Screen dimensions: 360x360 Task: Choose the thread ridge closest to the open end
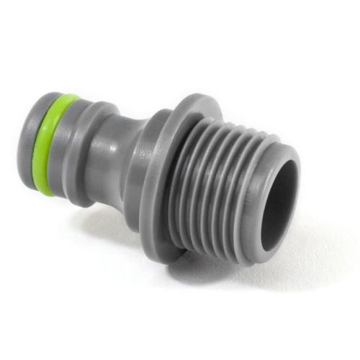[252, 194]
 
